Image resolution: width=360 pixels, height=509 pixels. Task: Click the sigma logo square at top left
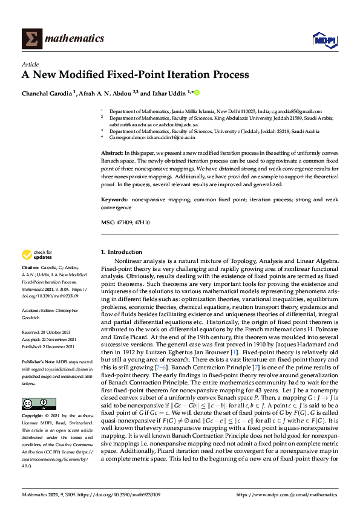32,38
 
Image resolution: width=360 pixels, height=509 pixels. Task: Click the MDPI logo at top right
324,39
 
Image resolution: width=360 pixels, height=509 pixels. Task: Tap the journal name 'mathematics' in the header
76,38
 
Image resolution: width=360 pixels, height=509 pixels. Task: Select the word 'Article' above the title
30,64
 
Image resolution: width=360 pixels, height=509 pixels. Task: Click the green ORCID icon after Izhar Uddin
196,92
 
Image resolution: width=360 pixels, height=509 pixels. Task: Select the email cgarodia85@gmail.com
296,111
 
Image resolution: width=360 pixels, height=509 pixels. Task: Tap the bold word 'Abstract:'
113,153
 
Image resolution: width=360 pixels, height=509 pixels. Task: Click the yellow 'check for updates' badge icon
27,254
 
